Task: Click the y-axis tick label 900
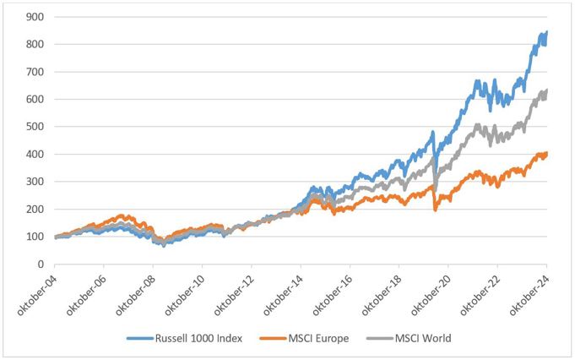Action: point(35,17)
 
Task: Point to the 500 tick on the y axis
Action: point(35,127)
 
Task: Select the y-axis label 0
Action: point(41,265)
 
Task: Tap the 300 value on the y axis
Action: point(35,182)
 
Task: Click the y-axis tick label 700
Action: point(35,72)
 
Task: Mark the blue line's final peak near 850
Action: point(546,32)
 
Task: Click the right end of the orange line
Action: point(547,154)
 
